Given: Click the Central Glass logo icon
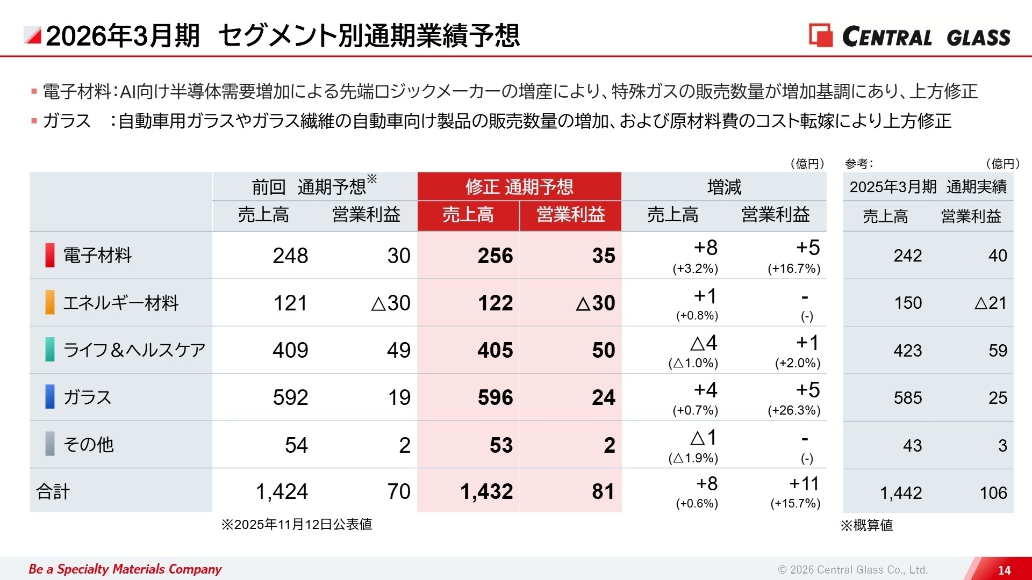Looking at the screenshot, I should (x=820, y=35).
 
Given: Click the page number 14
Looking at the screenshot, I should (x=1004, y=570).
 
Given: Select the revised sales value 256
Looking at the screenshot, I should (x=495, y=256).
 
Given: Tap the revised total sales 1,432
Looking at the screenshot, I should (x=486, y=491).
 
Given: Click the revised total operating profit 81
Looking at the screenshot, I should (x=603, y=491).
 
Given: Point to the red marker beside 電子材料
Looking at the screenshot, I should (x=49, y=255).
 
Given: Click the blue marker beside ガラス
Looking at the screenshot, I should (x=49, y=397).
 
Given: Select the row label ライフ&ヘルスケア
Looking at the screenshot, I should (x=134, y=350).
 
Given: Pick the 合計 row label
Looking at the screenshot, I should (x=53, y=491).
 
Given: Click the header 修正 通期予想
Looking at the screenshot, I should (x=519, y=187).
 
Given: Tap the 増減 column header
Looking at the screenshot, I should (x=723, y=187).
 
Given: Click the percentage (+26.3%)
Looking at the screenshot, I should (x=794, y=410).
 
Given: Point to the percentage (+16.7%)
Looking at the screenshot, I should (x=794, y=269).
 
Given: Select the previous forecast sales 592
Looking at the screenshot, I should (x=290, y=397).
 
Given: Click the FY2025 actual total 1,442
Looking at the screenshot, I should (x=900, y=492).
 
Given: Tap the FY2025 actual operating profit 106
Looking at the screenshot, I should (x=993, y=492).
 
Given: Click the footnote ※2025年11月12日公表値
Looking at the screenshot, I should (x=297, y=524).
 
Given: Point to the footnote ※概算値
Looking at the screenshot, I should (x=866, y=525).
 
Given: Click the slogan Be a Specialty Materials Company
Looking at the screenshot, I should (x=125, y=569).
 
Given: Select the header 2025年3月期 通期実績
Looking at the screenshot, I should (x=928, y=187).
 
